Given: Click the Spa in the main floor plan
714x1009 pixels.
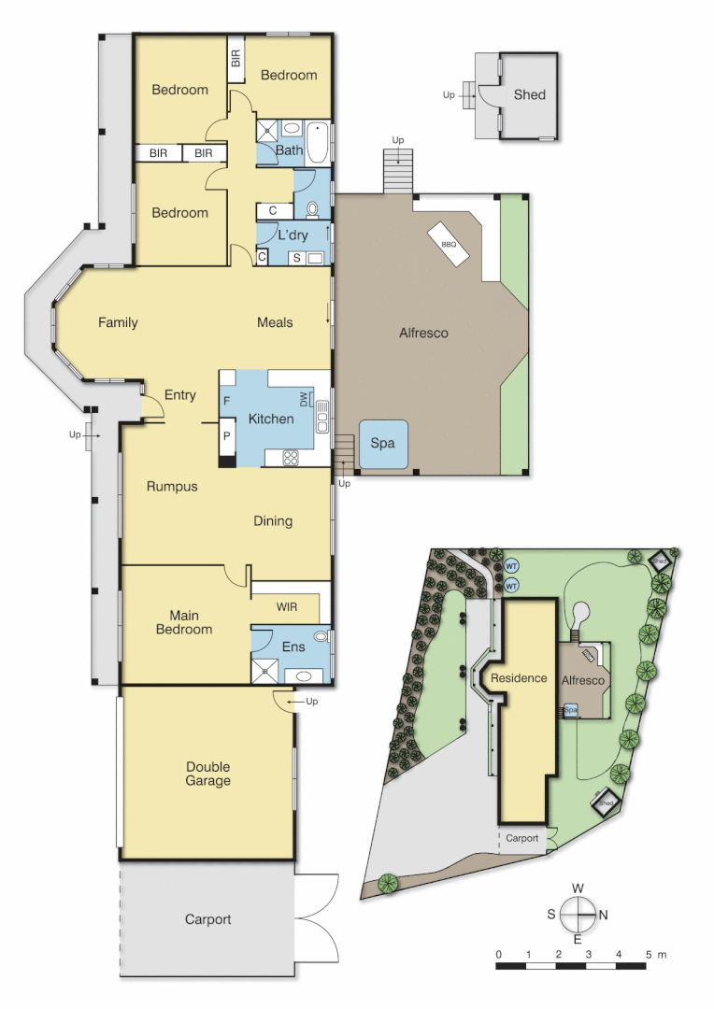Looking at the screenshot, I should pos(382,444).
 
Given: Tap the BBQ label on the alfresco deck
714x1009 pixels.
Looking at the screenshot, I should pos(449,244).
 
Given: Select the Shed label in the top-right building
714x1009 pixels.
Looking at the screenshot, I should pos(529,94).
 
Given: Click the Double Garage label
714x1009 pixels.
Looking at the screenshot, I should pos(207,774).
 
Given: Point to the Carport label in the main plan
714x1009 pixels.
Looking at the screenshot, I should pos(207,919).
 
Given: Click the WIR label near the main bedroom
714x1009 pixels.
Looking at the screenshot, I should pos(287,606).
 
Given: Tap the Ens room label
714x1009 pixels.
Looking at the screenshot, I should pos(293,647).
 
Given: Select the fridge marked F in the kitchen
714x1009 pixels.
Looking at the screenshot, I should pos(227,401).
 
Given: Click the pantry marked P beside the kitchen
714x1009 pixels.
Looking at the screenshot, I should pos(227,436).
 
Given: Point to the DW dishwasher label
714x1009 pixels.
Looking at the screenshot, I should pos(304,400).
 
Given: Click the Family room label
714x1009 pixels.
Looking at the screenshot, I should pos(118,322).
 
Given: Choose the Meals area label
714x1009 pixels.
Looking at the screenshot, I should pos(275,322).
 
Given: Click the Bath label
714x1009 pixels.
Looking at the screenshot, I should pos(289,149).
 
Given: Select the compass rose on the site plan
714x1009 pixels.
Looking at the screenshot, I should pos(578,914).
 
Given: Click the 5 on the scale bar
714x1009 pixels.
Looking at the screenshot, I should pos(648,955).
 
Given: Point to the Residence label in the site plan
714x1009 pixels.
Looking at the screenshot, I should pos(519,678).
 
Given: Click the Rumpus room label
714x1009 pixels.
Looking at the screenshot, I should pos(172,486).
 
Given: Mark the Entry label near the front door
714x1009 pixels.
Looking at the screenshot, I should pos(180,395).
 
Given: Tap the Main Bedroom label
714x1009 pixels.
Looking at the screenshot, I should pos(184,622).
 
